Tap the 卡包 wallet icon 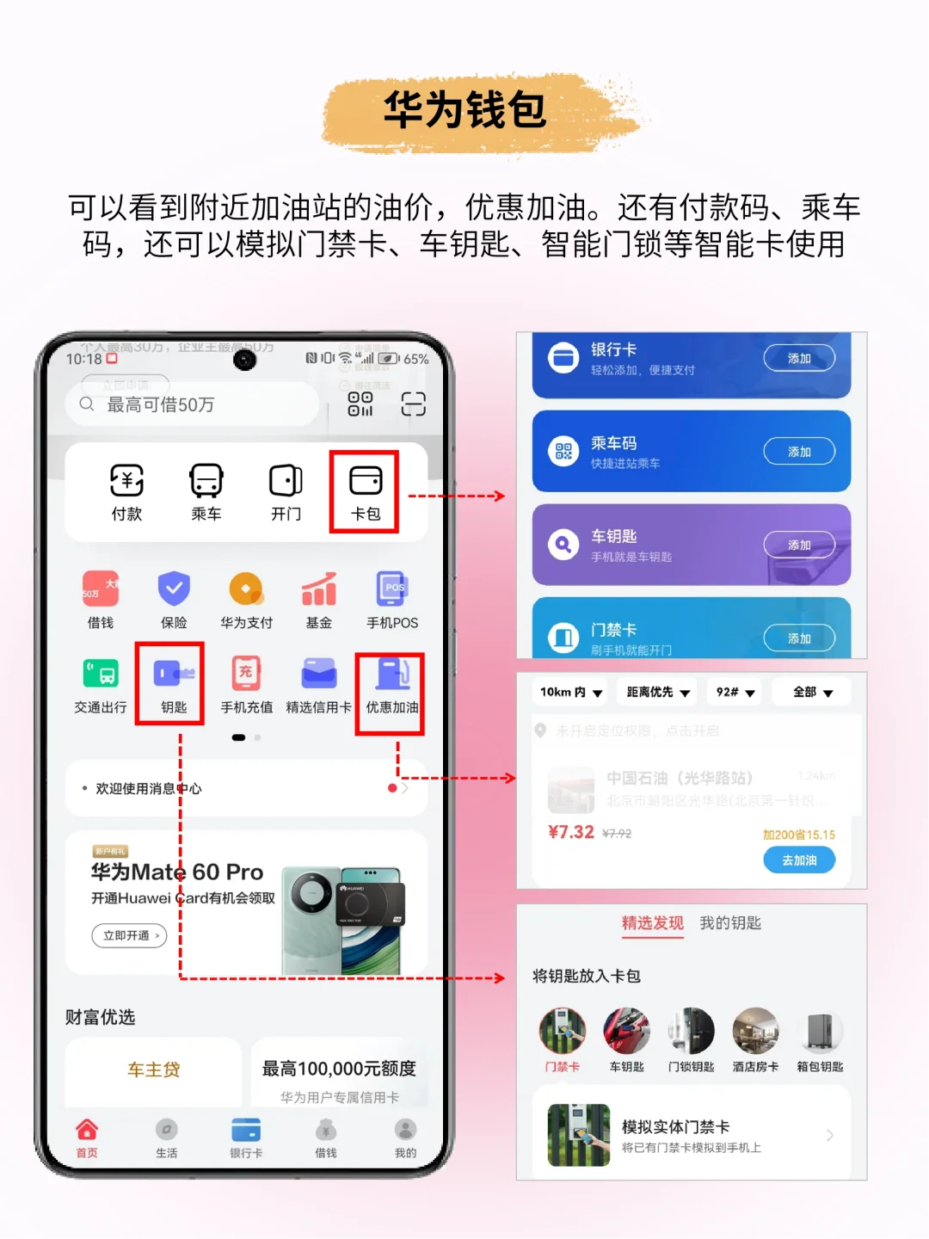(x=366, y=482)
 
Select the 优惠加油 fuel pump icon (x=392, y=674)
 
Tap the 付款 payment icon (x=126, y=482)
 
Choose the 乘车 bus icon (x=206, y=482)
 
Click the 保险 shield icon (x=174, y=589)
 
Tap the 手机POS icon (x=392, y=589)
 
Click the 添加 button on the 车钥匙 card (x=799, y=545)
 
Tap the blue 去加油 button (x=799, y=860)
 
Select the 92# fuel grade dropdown (x=735, y=692)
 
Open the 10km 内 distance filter (x=571, y=692)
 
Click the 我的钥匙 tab (x=730, y=923)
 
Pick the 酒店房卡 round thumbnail (x=755, y=1031)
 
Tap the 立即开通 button (x=130, y=935)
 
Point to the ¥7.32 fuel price (x=571, y=832)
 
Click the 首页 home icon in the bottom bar (x=87, y=1131)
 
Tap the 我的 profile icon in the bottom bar (x=405, y=1131)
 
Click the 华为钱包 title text (x=464, y=110)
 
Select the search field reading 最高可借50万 (x=194, y=404)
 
